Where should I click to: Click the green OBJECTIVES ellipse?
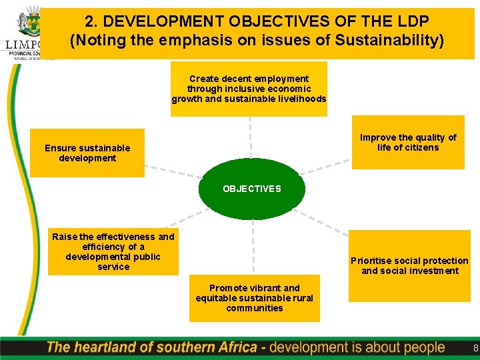point(252,189)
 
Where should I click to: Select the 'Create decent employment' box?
point(249,89)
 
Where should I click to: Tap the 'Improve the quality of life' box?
point(408,143)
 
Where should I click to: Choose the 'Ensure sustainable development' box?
point(87,153)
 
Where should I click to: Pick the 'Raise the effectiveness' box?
point(113,251)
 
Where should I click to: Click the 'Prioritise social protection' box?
point(409,265)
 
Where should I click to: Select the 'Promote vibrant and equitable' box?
point(254,298)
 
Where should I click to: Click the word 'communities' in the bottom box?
point(254,308)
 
